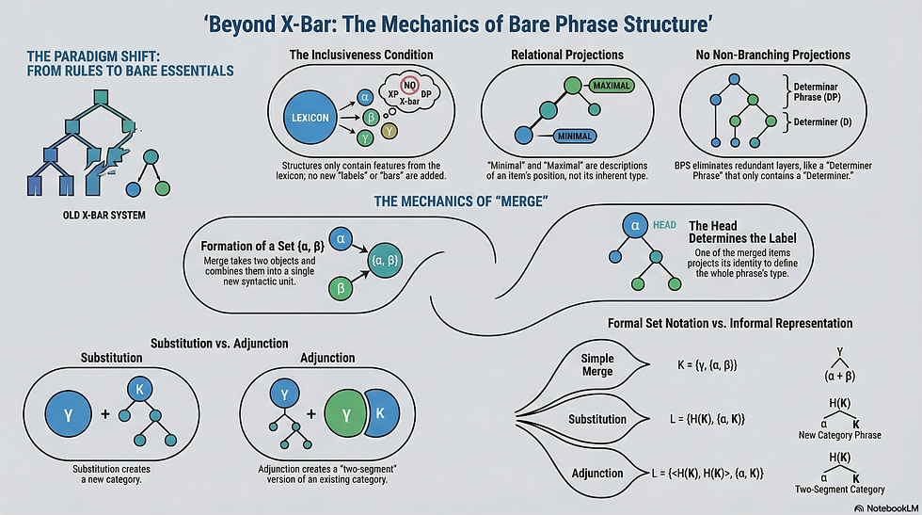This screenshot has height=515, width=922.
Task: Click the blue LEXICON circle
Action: click(310, 118)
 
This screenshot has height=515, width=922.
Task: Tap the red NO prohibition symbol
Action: click(409, 86)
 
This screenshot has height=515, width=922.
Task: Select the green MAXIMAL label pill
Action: click(611, 86)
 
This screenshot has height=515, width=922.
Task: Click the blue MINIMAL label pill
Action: click(575, 137)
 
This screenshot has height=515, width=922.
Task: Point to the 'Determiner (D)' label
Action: click(822, 121)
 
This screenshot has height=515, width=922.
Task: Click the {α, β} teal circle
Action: click(385, 260)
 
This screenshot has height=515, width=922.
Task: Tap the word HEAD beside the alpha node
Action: click(664, 225)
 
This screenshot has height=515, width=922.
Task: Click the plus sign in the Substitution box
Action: click(105, 413)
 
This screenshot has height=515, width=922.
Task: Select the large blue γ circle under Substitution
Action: click(68, 414)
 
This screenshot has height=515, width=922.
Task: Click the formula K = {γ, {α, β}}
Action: click(707, 365)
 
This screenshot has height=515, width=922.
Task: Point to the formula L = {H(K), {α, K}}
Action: click(707, 419)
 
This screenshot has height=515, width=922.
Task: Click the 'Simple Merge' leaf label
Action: click(597, 365)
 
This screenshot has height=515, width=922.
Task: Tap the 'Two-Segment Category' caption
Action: click(839, 489)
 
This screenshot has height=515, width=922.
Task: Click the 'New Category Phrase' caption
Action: click(839, 435)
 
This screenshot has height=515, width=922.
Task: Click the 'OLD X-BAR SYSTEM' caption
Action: click(104, 216)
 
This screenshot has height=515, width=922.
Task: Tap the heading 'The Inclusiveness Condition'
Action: click(361, 55)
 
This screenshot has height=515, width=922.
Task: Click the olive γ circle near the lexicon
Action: click(389, 131)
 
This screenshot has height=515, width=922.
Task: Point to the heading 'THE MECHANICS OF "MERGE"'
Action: click(461, 201)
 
